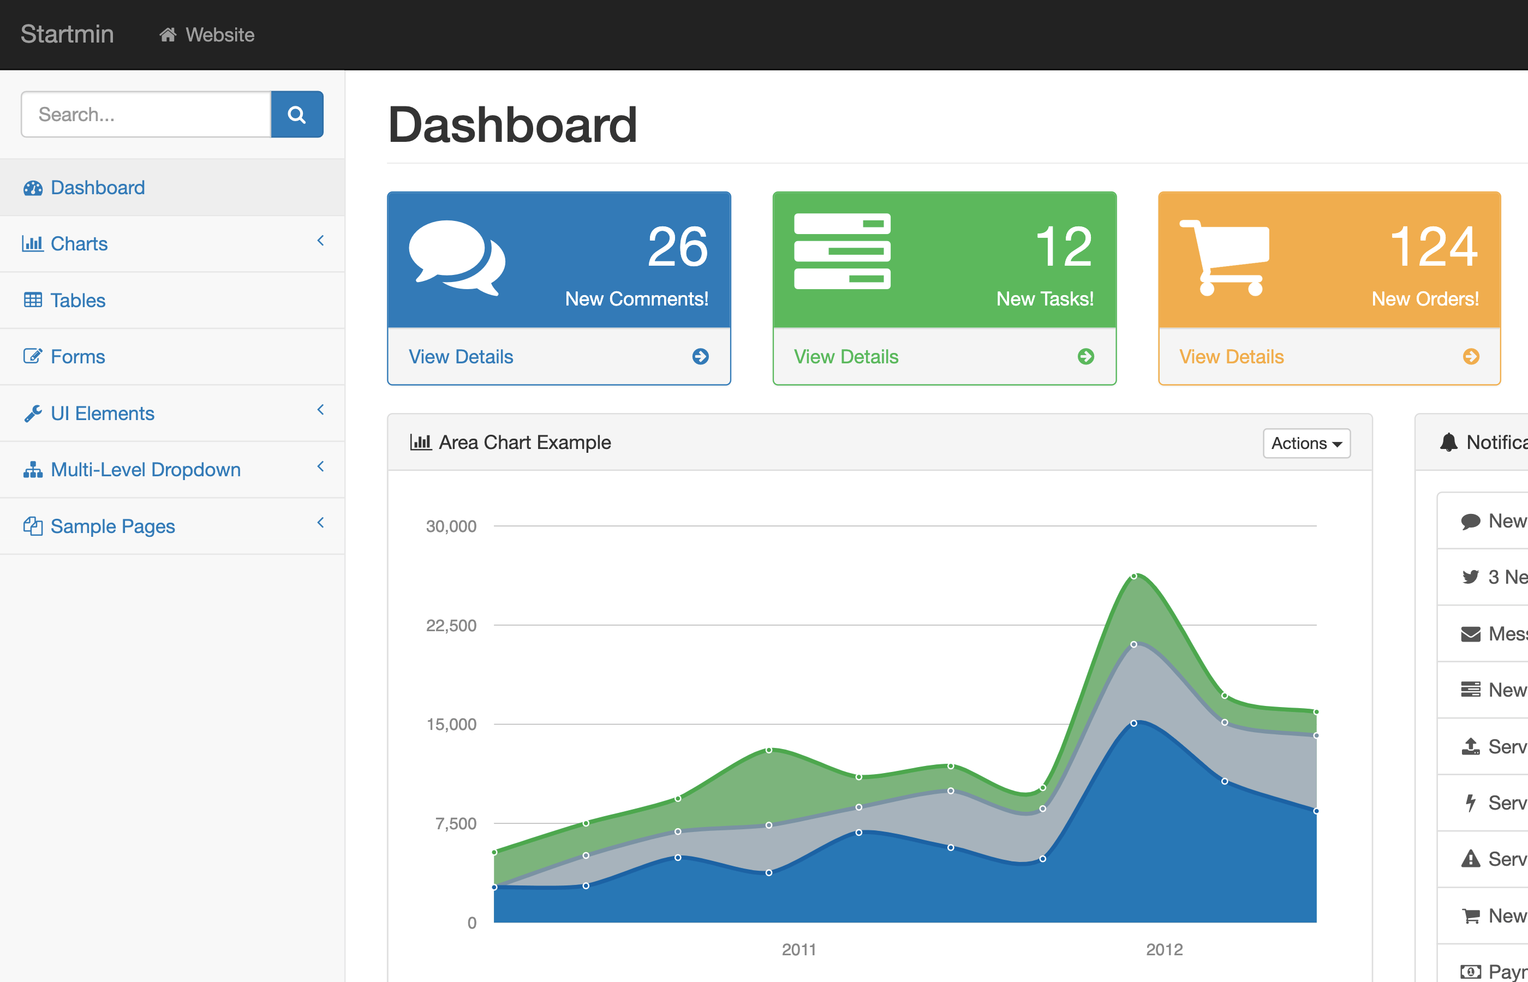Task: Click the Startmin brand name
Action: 67,34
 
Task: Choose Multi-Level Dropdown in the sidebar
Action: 145,470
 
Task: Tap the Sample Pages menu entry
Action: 112,526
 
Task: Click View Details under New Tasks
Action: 846,356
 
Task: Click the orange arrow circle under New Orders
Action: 1471,356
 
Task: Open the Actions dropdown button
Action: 1306,443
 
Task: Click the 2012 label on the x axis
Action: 1164,949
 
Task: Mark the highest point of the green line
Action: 1134,576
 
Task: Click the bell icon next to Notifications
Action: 1449,442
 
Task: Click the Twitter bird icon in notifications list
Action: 1470,577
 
